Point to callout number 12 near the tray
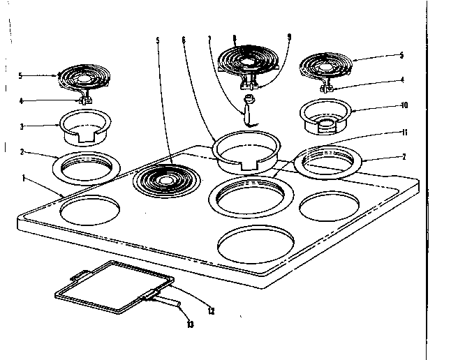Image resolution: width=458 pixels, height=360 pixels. click(x=211, y=310)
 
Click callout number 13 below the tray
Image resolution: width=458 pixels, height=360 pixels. click(x=189, y=324)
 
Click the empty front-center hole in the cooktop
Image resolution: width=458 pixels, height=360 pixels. click(x=256, y=245)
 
